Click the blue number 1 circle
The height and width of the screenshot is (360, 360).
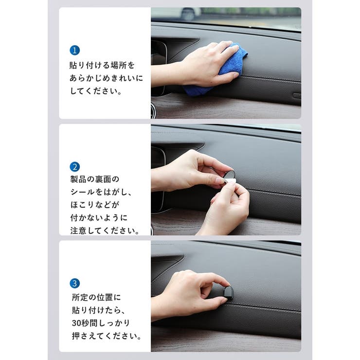point(74,50)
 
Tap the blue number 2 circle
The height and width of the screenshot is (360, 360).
point(74,167)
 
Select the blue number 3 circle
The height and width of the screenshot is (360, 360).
point(74,283)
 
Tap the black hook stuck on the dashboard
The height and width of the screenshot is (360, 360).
point(228,292)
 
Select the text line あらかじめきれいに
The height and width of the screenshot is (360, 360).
point(106,78)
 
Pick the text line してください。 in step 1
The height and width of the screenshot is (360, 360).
point(95,91)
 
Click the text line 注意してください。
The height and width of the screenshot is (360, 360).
point(105,231)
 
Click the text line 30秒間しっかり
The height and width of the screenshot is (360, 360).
point(100,323)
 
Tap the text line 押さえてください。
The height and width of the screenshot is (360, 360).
point(105,336)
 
